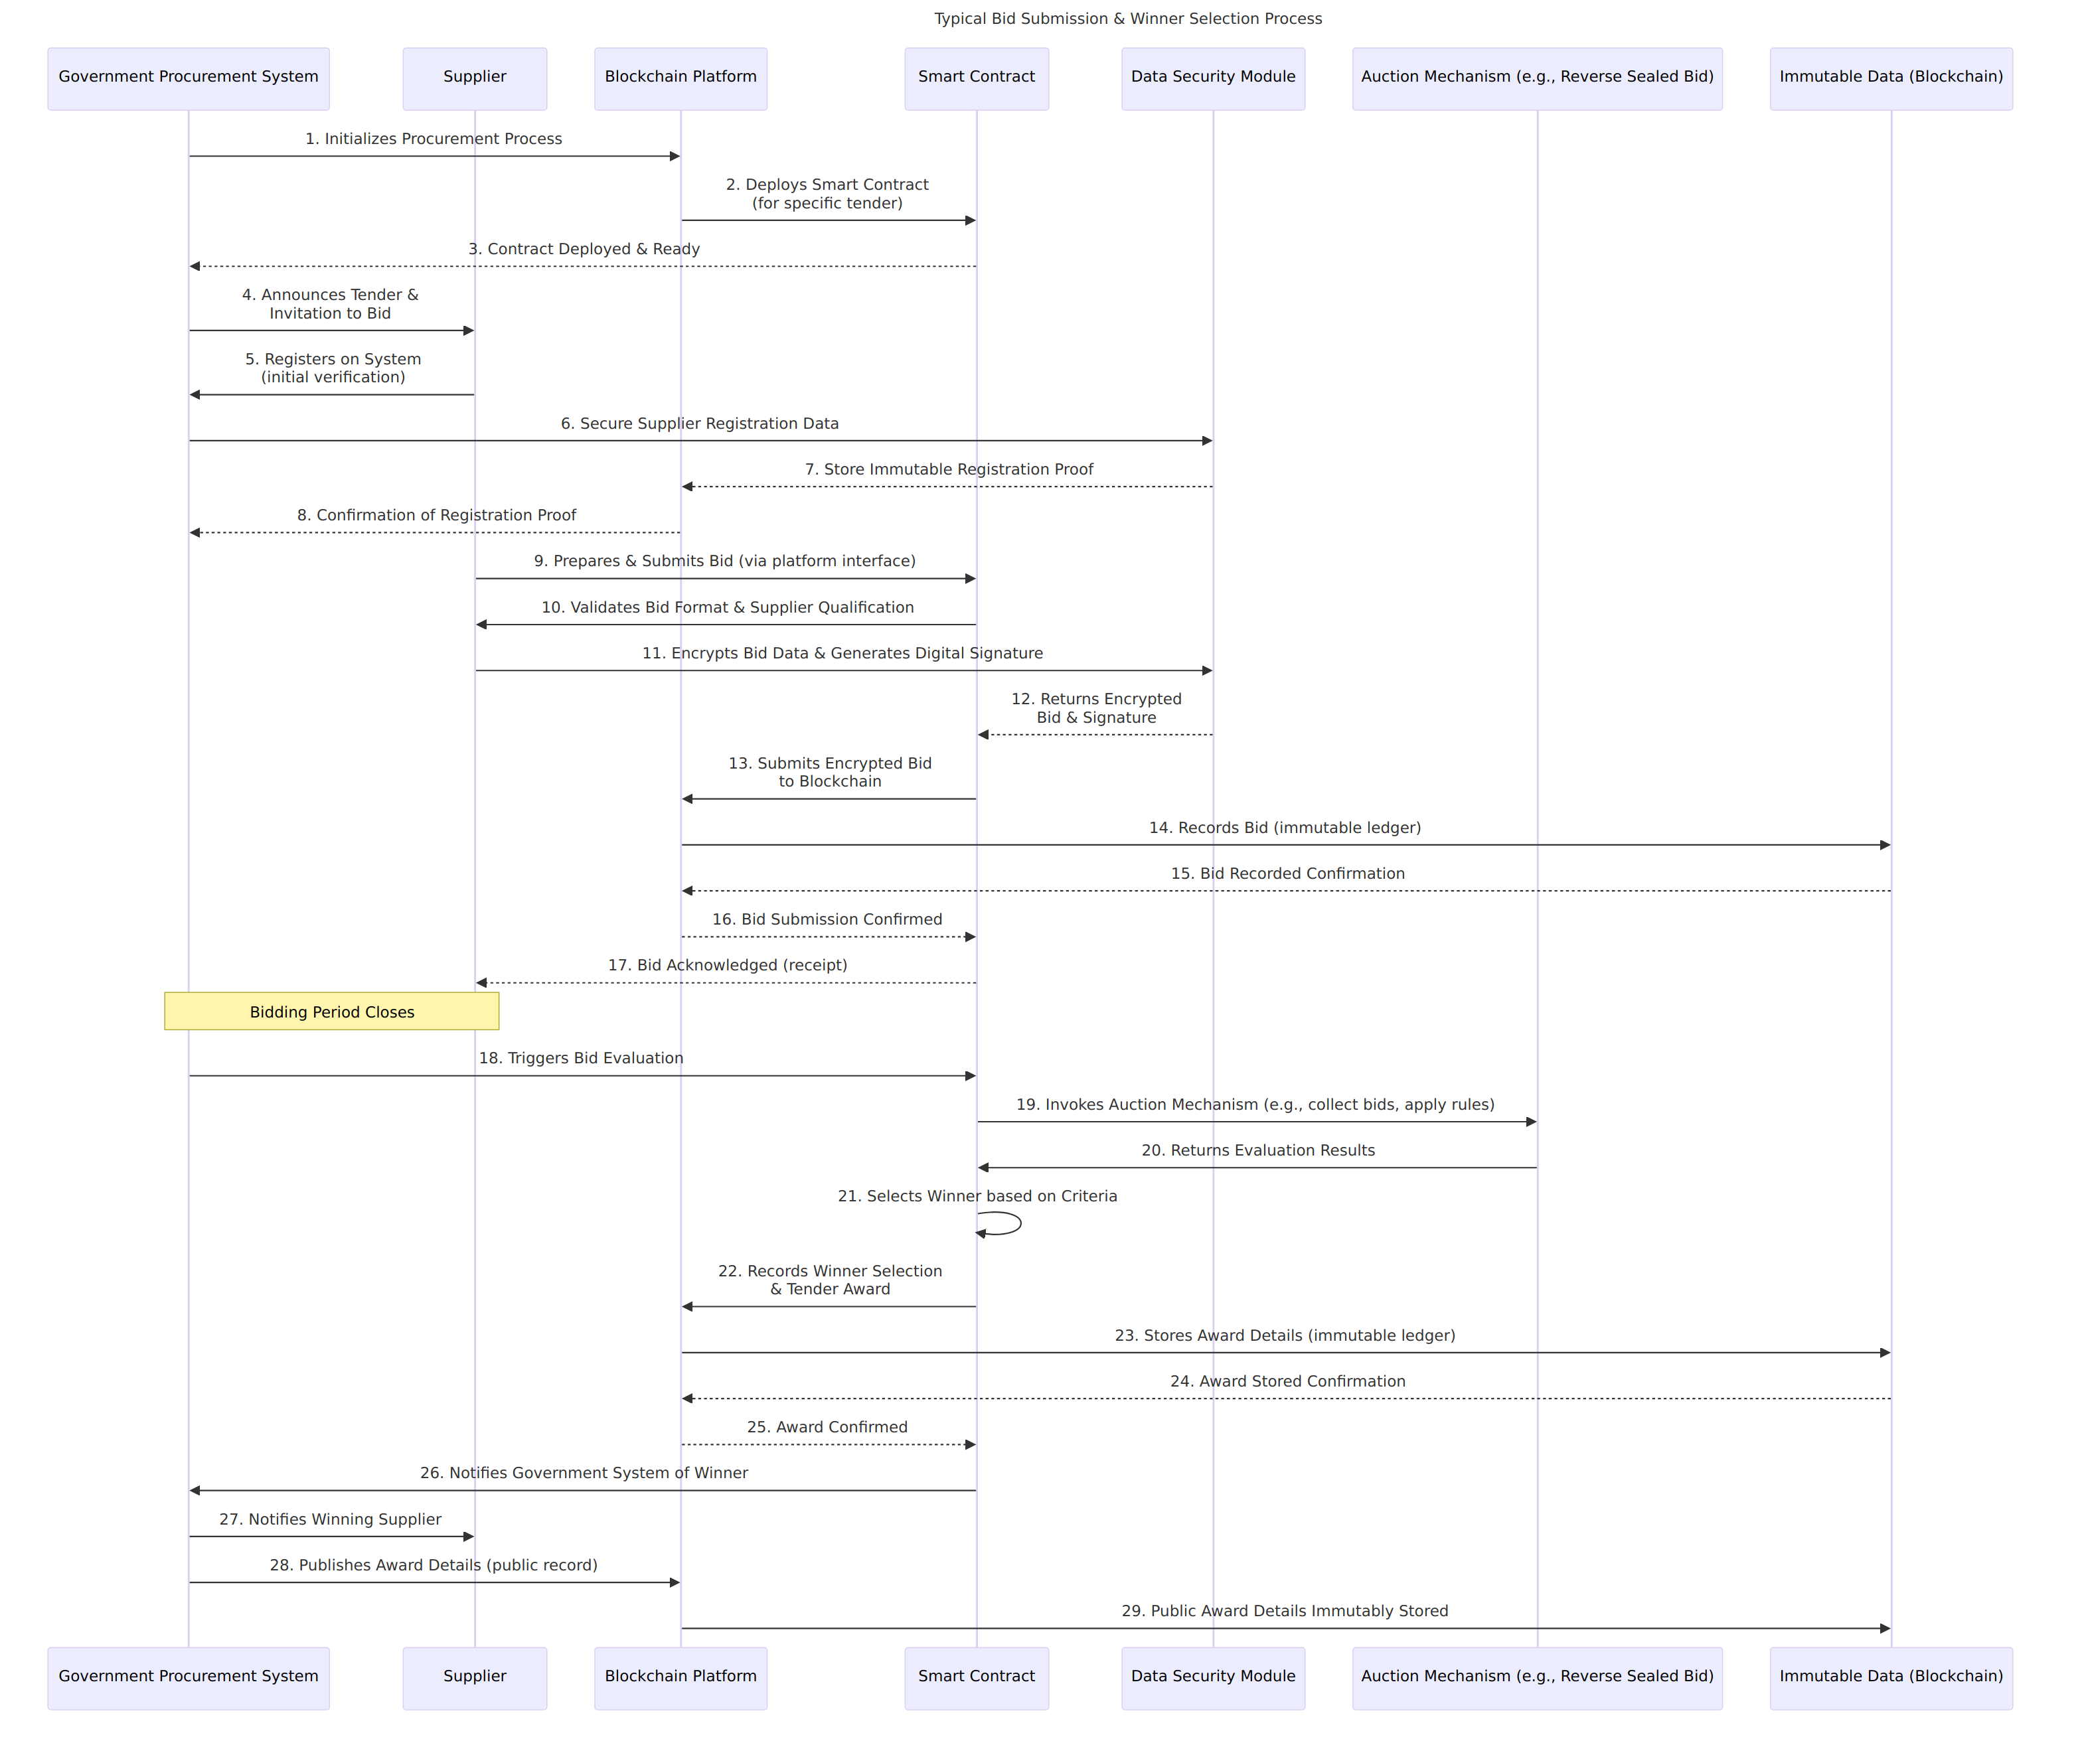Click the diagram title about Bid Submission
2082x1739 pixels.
pos(1127,19)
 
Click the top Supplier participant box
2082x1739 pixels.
pos(475,78)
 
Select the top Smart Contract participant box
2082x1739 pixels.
pos(977,78)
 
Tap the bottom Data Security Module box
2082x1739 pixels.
pos(1214,1679)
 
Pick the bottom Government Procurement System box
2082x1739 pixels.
pos(189,1679)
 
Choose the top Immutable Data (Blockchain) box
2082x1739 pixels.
pos(1891,78)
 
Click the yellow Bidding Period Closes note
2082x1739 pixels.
pos(332,1012)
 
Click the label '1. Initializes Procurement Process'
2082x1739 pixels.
pos(434,139)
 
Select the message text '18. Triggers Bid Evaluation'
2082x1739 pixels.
pos(581,1058)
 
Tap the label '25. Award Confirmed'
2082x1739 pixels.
pos(827,1426)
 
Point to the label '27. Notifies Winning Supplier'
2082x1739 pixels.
pos(330,1519)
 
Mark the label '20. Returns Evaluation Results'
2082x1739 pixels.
pos(1257,1150)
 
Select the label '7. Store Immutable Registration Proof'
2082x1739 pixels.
pos(949,469)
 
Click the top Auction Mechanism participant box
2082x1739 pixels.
pos(1537,78)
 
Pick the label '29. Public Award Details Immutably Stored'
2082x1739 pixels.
pos(1285,1611)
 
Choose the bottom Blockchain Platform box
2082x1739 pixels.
pos(681,1679)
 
